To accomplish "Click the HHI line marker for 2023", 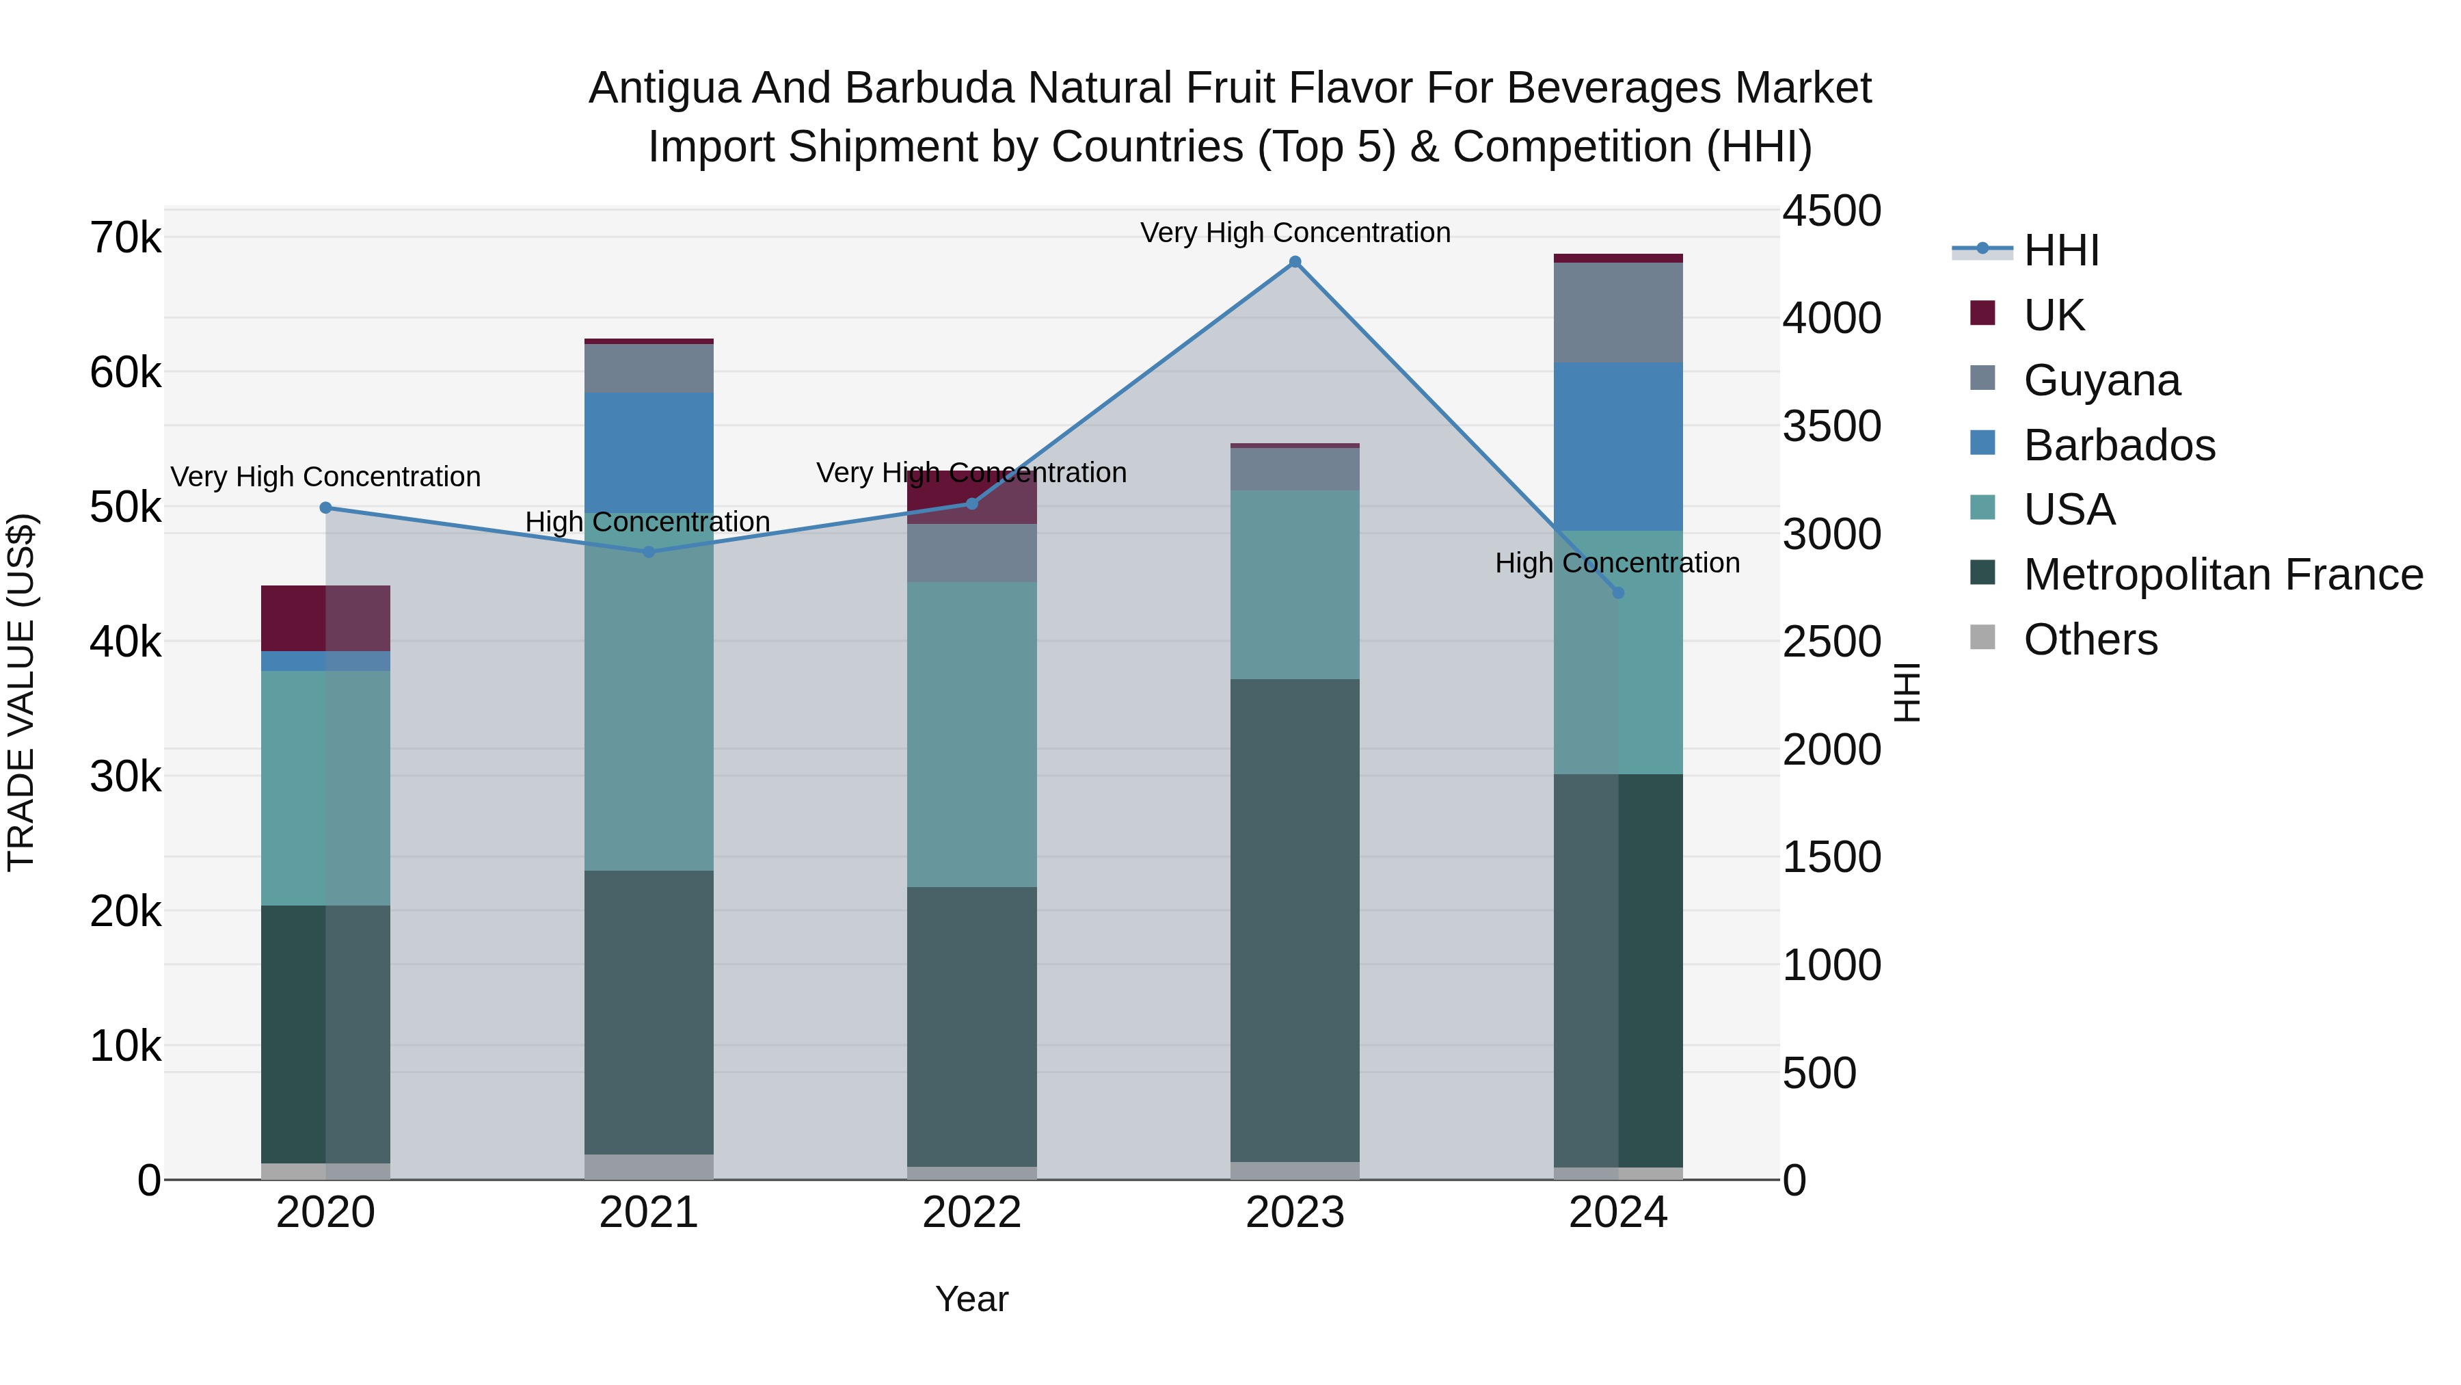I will (1295, 262).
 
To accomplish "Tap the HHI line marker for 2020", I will (326, 507).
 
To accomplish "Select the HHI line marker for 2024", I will (1617, 592).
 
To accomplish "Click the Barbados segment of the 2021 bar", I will (649, 449).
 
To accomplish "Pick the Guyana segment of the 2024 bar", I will (1617, 313).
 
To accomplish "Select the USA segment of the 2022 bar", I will (971, 734).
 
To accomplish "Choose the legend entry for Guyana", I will (2102, 380).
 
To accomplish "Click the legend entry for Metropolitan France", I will (2222, 575).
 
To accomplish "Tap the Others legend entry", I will (2090, 639).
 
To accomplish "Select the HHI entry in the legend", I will (2060, 250).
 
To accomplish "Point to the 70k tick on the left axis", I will (125, 238).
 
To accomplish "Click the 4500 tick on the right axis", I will (1831, 211).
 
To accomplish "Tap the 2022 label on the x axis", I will (971, 1213).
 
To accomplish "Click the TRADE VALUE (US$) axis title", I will (21, 693).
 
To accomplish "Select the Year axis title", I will (971, 1299).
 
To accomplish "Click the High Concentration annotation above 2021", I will (648, 522).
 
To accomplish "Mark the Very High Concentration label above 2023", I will (1295, 233).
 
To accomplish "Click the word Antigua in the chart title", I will (664, 88).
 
